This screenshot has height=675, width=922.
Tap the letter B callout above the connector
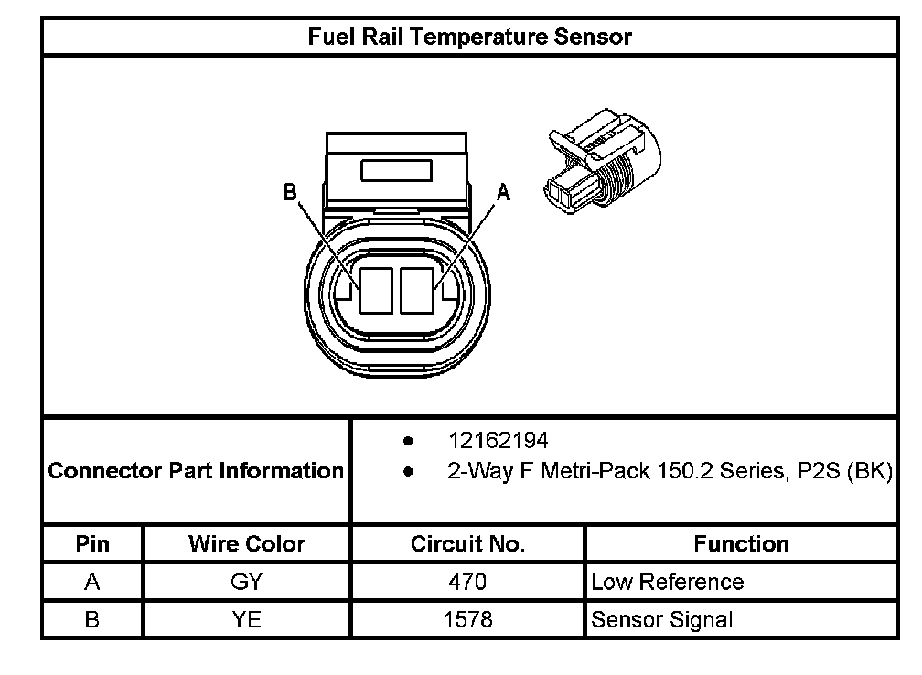tap(290, 192)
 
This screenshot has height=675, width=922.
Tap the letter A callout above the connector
tap(503, 192)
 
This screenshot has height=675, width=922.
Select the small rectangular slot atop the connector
tap(397, 171)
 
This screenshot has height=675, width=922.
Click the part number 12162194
tap(498, 441)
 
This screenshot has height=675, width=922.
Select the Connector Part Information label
tap(196, 471)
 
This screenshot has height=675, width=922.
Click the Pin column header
tap(91, 544)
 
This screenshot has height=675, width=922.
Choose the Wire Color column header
tap(246, 544)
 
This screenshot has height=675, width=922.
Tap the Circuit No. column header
tap(467, 544)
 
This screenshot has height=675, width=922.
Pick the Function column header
tap(741, 544)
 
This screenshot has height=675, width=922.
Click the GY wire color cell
tap(246, 582)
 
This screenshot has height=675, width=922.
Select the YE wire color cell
tap(246, 619)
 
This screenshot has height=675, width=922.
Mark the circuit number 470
tap(467, 582)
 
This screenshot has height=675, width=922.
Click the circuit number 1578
tap(467, 619)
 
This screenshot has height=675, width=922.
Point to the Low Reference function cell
tap(667, 582)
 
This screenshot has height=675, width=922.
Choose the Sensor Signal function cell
tap(661, 619)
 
